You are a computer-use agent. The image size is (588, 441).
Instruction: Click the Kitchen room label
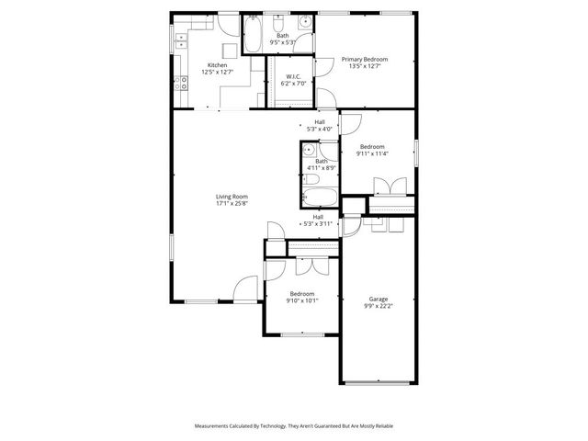218,65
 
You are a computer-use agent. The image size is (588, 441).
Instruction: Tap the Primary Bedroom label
365,60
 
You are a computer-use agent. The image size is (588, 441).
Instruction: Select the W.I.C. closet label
294,77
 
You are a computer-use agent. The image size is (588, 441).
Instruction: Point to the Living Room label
232,197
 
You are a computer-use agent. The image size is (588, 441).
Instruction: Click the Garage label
378,299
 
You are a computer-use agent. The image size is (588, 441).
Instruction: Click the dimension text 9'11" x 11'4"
372,153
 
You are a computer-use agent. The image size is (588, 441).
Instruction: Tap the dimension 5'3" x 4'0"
320,129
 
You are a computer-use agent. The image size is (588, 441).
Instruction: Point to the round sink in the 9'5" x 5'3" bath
304,21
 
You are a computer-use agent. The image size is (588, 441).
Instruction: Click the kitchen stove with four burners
182,81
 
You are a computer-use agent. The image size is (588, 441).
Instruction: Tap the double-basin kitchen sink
181,40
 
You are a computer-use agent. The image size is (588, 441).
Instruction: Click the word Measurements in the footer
215,426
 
